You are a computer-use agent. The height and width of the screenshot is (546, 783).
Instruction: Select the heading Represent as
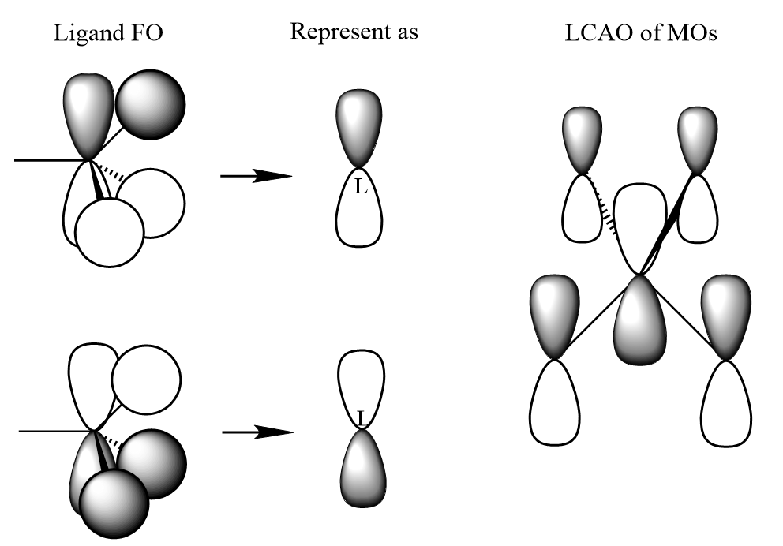pos(354,32)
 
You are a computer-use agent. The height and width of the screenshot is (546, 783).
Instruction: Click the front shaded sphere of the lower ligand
pos(115,503)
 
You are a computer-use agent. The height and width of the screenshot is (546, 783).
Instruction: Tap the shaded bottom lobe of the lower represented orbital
pos(361,470)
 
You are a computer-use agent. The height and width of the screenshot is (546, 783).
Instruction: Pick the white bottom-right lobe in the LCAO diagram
pos(725,402)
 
